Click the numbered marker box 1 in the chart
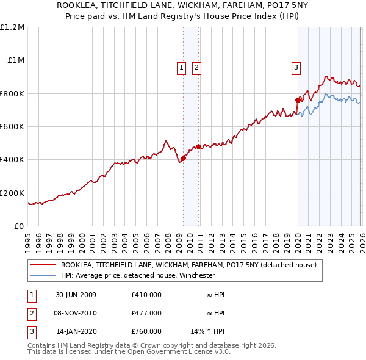click(182, 68)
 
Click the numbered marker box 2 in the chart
click(196, 68)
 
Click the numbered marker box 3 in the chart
click(296, 68)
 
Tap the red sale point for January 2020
click(298, 100)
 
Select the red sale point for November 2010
click(198, 147)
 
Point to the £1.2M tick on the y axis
click(12, 27)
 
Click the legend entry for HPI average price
click(138, 275)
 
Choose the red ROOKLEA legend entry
click(188, 265)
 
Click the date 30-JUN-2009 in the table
click(76, 295)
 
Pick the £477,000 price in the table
click(146, 313)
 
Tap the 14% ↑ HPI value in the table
click(207, 331)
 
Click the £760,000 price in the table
click(146, 331)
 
